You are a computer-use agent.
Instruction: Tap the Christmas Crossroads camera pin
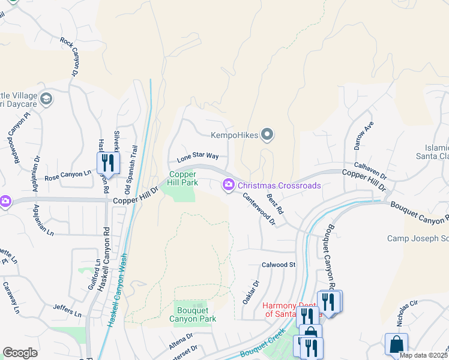[x=228, y=187]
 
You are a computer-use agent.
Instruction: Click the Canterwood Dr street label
[x=259, y=209]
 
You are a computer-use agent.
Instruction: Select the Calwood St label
[x=279, y=265]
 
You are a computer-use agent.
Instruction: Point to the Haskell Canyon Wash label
[x=119, y=287]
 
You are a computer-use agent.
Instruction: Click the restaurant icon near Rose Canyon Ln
[x=108, y=163]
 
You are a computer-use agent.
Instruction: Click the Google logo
[x=20, y=353]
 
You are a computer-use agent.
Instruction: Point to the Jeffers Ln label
[x=67, y=310]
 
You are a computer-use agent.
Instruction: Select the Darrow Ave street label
[x=363, y=134]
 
